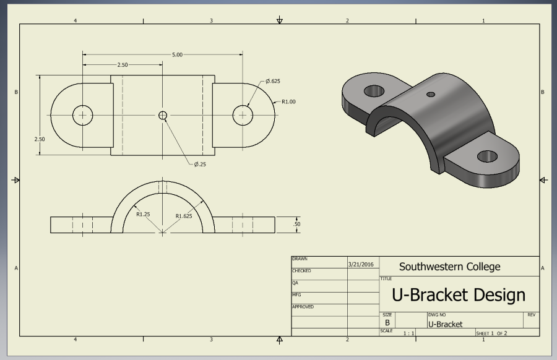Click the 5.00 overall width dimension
click(177, 54)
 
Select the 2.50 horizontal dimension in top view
click(122, 64)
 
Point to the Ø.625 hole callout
click(272, 82)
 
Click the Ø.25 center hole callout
click(201, 164)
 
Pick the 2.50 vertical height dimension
click(40, 139)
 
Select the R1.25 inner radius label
click(144, 215)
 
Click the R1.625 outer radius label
click(184, 216)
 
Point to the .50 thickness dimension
click(297, 224)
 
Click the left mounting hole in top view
click(82, 115)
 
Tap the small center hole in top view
click(163, 115)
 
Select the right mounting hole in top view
click(243, 115)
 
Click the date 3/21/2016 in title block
click(362, 264)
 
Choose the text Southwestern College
click(449, 267)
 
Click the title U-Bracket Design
click(459, 294)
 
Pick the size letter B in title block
click(387, 323)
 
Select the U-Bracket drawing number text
click(445, 324)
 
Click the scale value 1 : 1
click(408, 333)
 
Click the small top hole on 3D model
click(431, 95)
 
